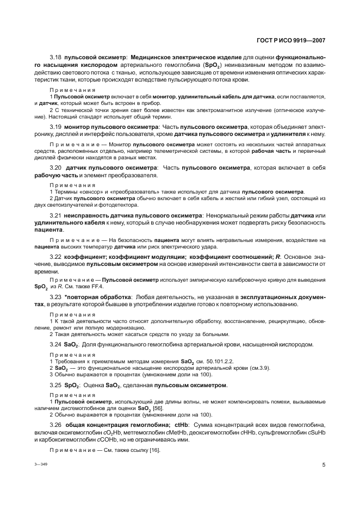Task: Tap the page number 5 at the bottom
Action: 323,465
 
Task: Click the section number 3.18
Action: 56,57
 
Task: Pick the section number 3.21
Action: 56,216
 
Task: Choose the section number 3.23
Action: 56,297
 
